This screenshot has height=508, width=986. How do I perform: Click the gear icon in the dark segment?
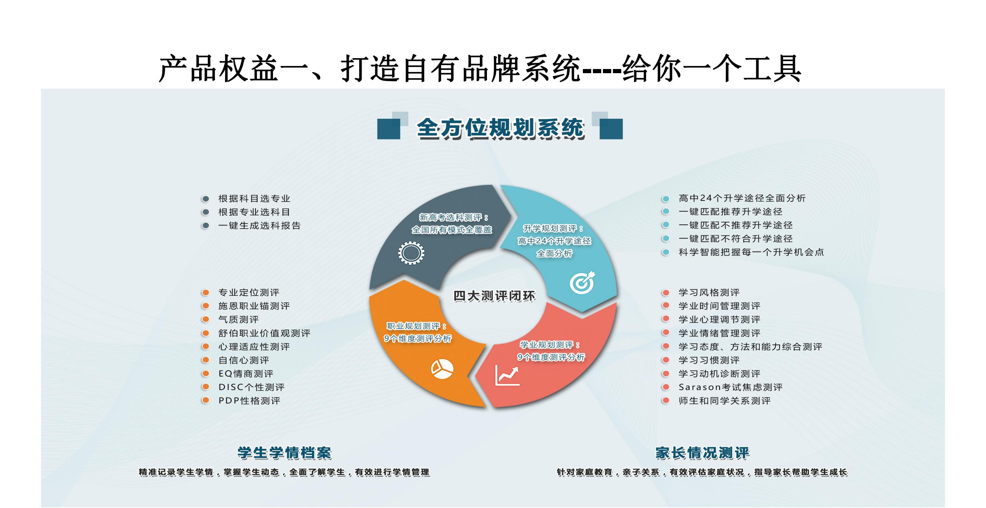411,253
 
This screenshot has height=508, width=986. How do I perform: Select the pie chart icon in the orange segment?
442,369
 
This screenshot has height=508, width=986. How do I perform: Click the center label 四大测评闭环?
494,296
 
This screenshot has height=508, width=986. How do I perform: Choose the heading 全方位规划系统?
500,128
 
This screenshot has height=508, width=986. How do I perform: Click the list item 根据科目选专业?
254,198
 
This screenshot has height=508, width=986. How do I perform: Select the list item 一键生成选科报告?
260,225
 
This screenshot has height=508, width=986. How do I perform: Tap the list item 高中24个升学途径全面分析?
742,198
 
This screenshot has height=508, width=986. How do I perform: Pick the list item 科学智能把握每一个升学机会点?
751,252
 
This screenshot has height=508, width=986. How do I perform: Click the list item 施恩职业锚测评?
254,306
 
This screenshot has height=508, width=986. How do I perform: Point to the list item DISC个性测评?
252,387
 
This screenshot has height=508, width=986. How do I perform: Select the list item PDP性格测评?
249,400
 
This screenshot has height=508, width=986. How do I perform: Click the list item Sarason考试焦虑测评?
731,387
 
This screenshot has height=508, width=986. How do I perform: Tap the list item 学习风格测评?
709,292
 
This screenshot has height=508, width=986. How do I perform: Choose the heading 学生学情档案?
284,453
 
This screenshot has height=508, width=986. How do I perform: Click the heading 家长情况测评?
702,453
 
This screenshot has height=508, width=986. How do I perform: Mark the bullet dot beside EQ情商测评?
206,373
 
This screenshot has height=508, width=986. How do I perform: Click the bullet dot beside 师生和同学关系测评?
666,400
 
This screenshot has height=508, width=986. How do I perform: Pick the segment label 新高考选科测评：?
454,217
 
